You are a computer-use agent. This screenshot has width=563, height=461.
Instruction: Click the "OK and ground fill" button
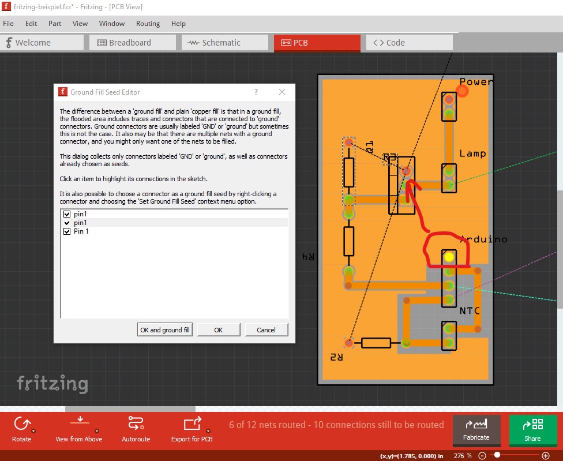(x=165, y=330)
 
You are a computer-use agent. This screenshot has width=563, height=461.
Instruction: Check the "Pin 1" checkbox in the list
(x=67, y=231)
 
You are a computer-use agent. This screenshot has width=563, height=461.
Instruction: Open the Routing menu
(x=148, y=24)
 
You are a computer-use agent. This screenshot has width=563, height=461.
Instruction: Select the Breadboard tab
(x=132, y=43)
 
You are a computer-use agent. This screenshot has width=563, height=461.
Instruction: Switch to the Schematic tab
(x=222, y=43)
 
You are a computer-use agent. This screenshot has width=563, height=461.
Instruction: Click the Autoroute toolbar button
(x=136, y=428)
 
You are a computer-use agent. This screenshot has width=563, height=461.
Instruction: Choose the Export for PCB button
(x=192, y=428)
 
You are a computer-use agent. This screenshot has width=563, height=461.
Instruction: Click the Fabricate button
(x=476, y=428)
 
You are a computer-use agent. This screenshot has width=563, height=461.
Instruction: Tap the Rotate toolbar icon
(x=21, y=428)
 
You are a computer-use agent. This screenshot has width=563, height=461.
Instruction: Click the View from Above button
(x=79, y=428)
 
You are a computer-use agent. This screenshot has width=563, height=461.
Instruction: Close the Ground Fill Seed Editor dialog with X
(x=282, y=92)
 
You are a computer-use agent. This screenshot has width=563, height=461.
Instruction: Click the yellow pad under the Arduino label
(x=449, y=257)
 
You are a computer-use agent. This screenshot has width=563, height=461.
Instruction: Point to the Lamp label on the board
(x=473, y=153)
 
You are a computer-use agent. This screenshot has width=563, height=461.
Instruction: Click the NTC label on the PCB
(x=470, y=311)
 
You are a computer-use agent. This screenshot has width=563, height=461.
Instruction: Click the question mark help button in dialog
(x=256, y=92)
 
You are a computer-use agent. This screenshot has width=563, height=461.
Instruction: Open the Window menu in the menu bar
(x=111, y=24)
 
